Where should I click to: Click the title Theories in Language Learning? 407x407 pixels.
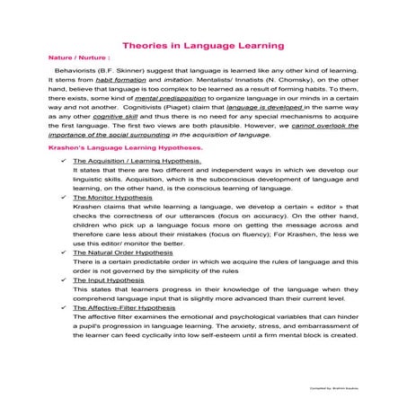203,43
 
